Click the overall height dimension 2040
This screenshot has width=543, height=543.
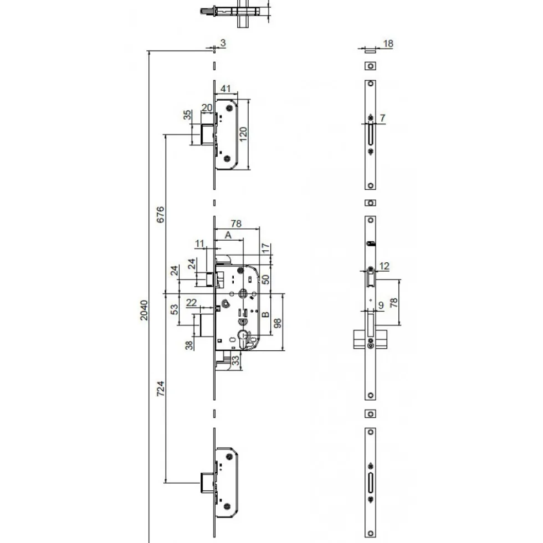click(x=144, y=311)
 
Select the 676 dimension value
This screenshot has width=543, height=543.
click(x=161, y=215)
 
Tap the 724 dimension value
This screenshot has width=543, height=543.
click(x=161, y=389)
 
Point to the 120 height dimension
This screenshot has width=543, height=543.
click(x=243, y=134)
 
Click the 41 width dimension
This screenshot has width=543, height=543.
click(x=226, y=89)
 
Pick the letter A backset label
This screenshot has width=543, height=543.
click(x=228, y=235)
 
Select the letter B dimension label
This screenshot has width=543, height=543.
click(x=265, y=314)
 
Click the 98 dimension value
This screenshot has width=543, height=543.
click(x=278, y=323)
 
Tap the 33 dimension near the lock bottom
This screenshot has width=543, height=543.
click(x=236, y=360)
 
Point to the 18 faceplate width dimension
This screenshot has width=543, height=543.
click(x=388, y=44)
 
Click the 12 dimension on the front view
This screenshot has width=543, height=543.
click(x=384, y=266)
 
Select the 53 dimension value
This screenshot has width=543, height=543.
click(x=175, y=309)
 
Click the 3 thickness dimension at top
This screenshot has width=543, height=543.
click(x=223, y=43)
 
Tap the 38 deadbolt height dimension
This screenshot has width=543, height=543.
click(x=189, y=345)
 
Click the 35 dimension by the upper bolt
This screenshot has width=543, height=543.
click(x=187, y=115)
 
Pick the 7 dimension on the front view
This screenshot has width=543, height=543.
click(x=382, y=118)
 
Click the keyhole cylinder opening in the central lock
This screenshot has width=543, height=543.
click(x=243, y=338)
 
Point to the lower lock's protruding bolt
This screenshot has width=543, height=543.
click(x=207, y=483)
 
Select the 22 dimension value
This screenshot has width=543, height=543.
click(x=191, y=303)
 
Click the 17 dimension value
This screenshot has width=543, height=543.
click(x=265, y=248)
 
